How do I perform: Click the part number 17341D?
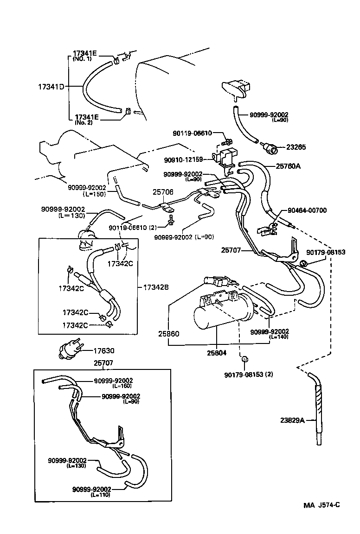pyautogui.click(x=51, y=87)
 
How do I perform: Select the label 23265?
pyautogui.click(x=296, y=147)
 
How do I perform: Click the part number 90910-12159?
pyautogui.click(x=184, y=160)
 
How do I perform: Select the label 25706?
pyautogui.click(x=162, y=191)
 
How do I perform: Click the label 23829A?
pyautogui.click(x=292, y=420)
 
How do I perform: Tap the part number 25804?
pyautogui.click(x=217, y=353)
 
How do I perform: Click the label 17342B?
pyautogui.click(x=156, y=287)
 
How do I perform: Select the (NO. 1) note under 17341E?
pyautogui.click(x=82, y=59)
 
